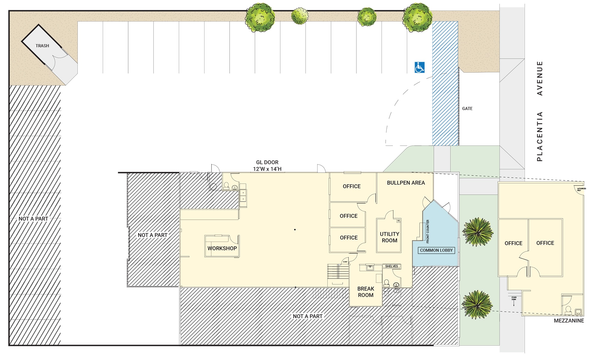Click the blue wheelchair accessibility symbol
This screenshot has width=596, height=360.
point(419,67)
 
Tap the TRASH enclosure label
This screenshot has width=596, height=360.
point(42,46)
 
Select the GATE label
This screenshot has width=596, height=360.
point(467,109)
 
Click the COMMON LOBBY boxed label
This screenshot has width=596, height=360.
point(436,250)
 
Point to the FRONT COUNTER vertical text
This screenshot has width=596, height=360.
point(428,231)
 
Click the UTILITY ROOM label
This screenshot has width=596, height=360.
point(389,237)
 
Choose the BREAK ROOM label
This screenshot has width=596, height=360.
point(365,292)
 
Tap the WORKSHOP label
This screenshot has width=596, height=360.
point(222,248)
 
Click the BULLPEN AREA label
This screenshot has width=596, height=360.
point(406,183)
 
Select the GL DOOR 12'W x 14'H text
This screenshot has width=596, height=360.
point(267,166)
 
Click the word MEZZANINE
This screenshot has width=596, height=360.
point(569,321)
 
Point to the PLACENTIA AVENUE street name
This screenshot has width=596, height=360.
point(540,111)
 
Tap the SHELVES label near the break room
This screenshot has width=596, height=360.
point(392,266)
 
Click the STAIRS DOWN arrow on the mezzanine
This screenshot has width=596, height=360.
point(514,303)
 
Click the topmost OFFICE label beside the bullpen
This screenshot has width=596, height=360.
point(352,186)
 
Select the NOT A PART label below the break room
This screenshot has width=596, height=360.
point(307,316)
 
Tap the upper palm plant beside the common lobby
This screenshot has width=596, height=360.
point(477,232)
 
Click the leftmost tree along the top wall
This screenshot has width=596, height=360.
point(260,17)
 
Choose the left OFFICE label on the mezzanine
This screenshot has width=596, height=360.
point(513,243)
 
